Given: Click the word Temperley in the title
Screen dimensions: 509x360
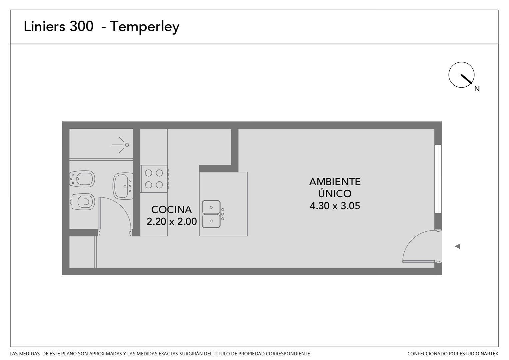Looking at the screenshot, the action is (x=145, y=27).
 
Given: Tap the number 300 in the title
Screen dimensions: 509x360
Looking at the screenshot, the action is (x=81, y=26).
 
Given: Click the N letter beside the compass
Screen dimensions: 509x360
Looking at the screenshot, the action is (x=477, y=89).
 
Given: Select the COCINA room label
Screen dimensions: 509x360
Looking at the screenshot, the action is (x=171, y=210).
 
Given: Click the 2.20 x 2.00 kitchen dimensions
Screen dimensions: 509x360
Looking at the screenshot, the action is (x=172, y=222).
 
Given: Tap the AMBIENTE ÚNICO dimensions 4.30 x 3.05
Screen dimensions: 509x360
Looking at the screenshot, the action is (x=335, y=206).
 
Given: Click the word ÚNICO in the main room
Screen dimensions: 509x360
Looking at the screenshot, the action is (x=335, y=193).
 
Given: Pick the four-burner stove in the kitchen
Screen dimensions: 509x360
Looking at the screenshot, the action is (x=154, y=179).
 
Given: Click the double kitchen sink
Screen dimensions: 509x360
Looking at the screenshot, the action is (x=211, y=214).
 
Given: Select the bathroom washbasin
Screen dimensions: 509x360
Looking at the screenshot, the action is (x=123, y=186).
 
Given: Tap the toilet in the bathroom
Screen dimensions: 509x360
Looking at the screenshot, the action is (x=83, y=202).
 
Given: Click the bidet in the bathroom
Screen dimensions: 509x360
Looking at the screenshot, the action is (x=82, y=179).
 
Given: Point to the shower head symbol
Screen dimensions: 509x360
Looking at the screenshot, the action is (x=121, y=145).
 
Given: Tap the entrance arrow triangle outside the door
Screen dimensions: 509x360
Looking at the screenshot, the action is (x=457, y=246).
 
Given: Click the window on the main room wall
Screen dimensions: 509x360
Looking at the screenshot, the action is (x=438, y=179).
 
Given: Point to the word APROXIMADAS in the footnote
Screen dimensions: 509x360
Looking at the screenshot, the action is (x=105, y=354).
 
